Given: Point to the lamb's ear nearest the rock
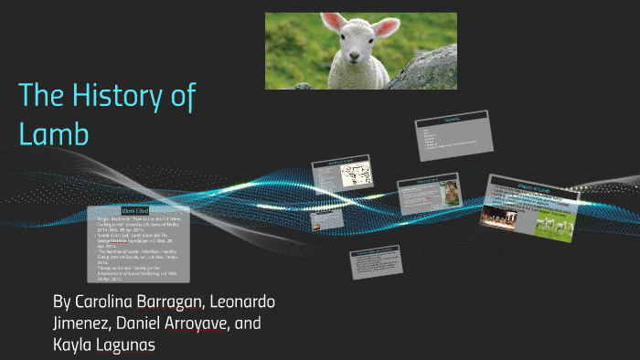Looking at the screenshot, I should pyautogui.click(x=389, y=26).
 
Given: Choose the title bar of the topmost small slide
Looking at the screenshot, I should pyautogui.click(x=453, y=118).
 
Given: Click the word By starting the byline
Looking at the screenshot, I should pyautogui.click(x=62, y=302).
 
